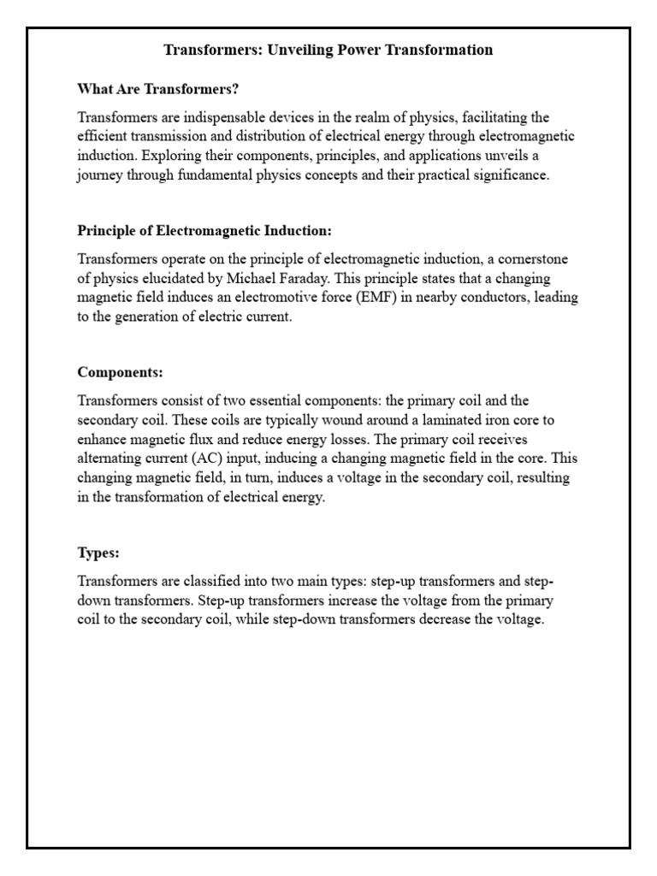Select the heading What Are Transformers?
(x=157, y=88)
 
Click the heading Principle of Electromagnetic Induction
(x=204, y=231)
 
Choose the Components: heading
(x=120, y=372)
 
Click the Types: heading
(x=98, y=553)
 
